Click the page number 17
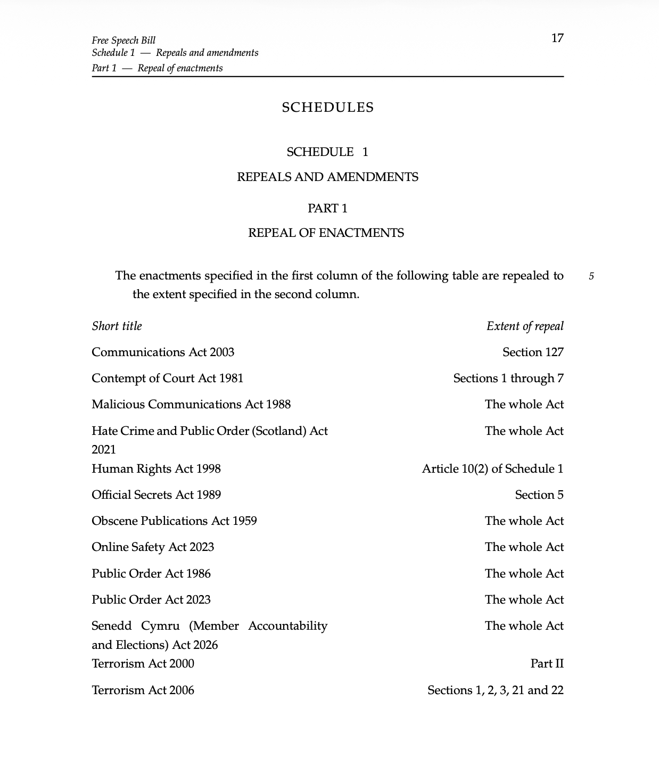coord(557,38)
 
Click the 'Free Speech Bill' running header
coord(123,40)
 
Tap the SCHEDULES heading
coord(328,108)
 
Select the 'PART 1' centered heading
coord(327,208)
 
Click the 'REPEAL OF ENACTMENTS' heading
coord(326,233)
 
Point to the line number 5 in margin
coord(591,276)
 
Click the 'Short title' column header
coord(117,326)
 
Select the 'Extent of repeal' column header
coord(525,326)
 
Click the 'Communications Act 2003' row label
coord(163,352)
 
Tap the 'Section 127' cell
coord(533,352)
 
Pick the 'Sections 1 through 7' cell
coord(508,378)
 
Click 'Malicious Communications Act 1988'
coord(191,405)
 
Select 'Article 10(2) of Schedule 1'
coord(492,469)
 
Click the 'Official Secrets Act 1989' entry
coord(156,495)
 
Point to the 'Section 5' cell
coord(539,495)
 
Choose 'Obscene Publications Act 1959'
coord(174,521)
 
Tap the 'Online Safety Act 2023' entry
coord(153,547)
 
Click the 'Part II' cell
coord(547,664)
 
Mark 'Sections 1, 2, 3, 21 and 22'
coord(495,690)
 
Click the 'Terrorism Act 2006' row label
coord(143,690)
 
